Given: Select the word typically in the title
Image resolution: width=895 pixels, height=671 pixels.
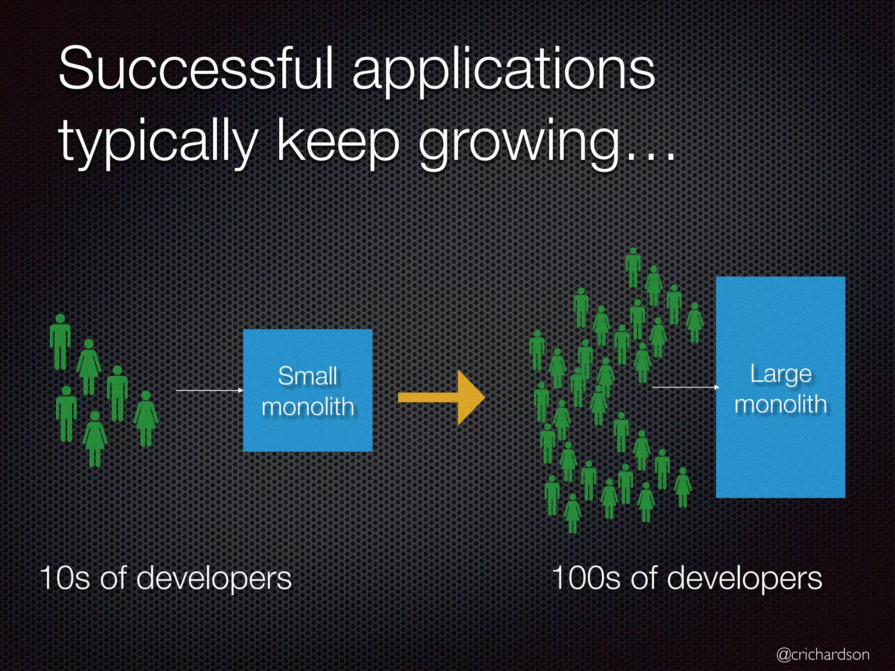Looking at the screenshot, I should coord(158,142).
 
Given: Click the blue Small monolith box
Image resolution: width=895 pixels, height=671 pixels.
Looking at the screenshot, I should coord(307,432).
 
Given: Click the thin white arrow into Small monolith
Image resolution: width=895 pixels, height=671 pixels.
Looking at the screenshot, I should coord(209,390).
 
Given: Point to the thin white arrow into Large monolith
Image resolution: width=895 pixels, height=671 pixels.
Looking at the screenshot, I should coord(685,387).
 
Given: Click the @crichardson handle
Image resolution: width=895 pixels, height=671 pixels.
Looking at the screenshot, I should coord(822,654).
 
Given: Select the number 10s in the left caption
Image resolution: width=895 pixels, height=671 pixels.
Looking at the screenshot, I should coord(65,578).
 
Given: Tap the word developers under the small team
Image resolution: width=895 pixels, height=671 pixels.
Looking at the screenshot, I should coord(214,578).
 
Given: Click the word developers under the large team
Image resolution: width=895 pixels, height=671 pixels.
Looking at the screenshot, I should coord(745,578).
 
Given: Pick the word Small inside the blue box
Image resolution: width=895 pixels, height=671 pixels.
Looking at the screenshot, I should coord(308,376).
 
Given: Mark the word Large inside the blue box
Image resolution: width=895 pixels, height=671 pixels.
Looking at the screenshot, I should coord(781,374).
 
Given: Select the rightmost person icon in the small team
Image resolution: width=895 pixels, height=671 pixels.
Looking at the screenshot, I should coord(146,417).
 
